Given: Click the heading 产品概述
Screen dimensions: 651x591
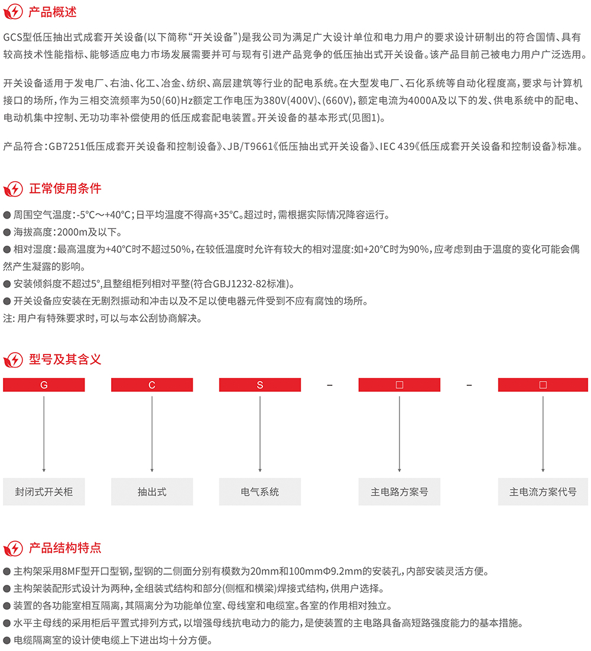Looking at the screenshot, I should (53, 12).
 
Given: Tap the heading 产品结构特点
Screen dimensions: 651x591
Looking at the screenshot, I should (65, 548).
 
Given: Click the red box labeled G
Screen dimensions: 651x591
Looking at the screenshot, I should (44, 385).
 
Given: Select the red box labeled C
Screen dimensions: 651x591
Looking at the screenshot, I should (152, 385).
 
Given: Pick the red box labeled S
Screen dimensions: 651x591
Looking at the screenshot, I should (260, 385).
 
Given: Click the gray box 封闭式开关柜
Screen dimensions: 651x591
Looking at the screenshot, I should (44, 491).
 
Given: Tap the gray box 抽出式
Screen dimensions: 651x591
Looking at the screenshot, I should (152, 491).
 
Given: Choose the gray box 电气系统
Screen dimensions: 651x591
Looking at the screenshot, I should (260, 491).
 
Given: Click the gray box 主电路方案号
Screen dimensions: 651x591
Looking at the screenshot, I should (400, 491).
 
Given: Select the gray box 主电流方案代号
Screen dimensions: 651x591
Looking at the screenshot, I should (543, 491).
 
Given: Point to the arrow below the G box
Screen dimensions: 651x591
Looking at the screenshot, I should (44, 434).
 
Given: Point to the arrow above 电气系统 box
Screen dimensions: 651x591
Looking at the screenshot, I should (260, 434).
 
